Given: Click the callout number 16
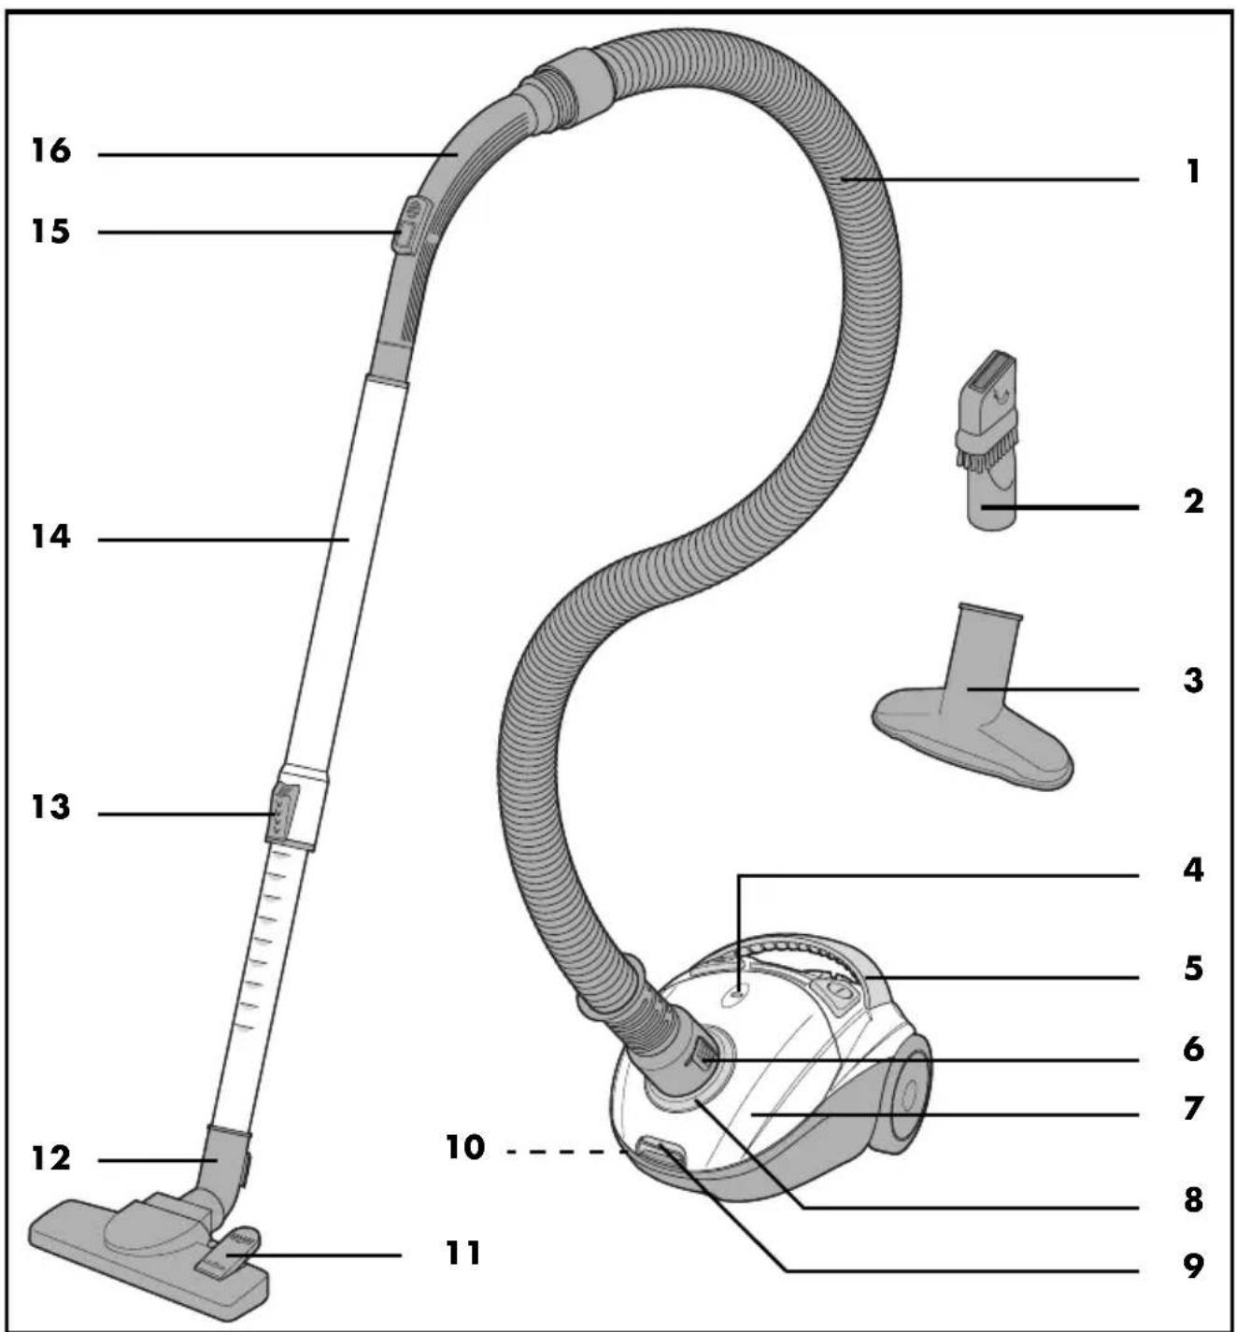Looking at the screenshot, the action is pyautogui.click(x=50, y=151).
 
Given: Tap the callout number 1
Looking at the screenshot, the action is pyautogui.click(x=1193, y=173).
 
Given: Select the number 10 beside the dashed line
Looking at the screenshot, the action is pyautogui.click(x=464, y=1148).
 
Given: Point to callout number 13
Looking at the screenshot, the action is pyautogui.click(x=50, y=808).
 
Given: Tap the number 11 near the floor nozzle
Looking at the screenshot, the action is pyautogui.click(x=463, y=1253).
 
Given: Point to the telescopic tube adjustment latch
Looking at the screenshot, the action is pyautogui.click(x=282, y=814).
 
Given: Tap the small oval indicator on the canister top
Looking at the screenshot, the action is pyautogui.click(x=734, y=997).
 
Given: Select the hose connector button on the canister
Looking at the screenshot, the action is pyautogui.click(x=702, y=1059).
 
